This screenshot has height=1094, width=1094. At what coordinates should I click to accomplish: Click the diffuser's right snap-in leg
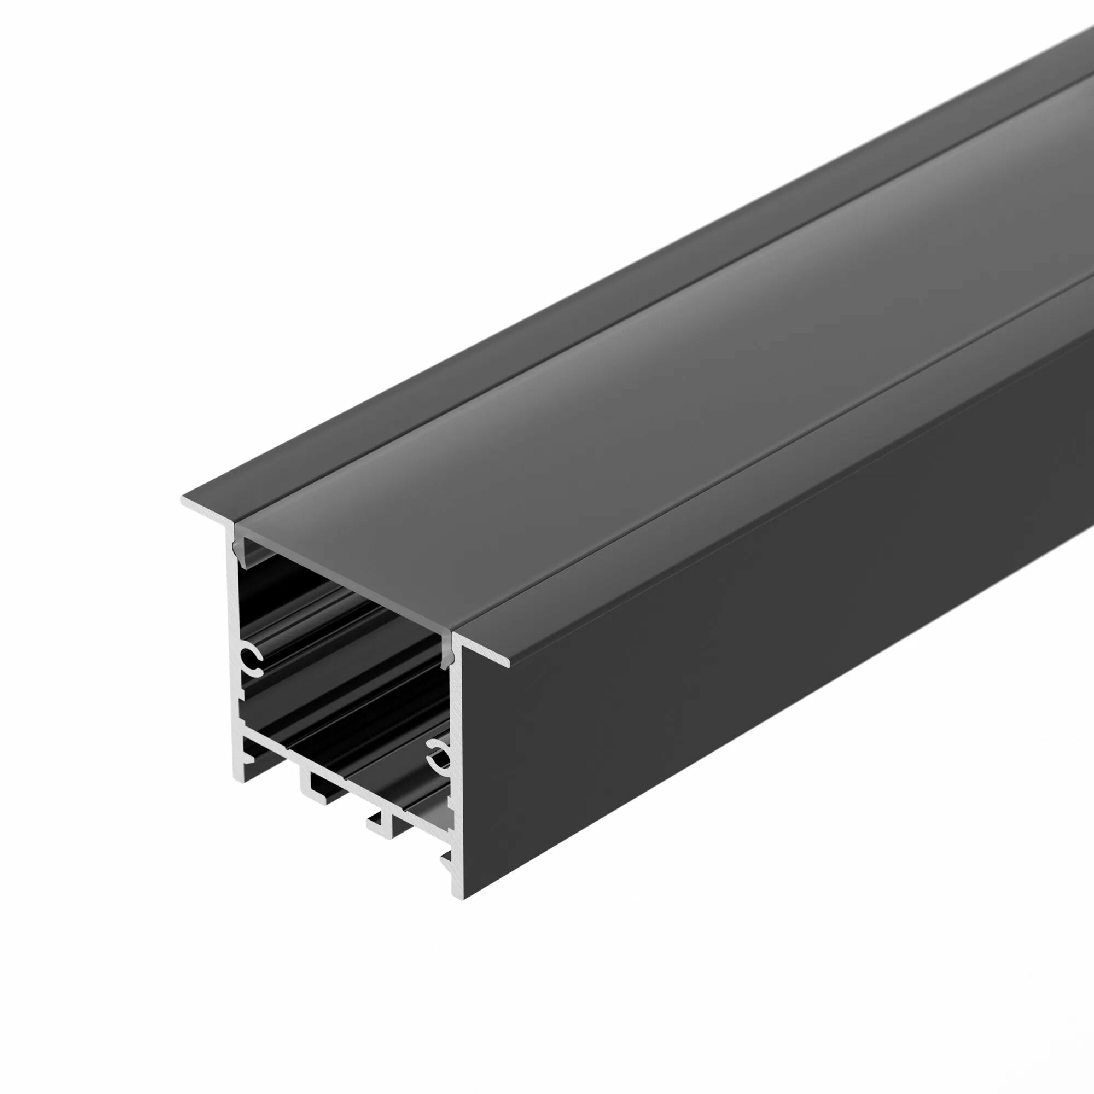coord(447,651)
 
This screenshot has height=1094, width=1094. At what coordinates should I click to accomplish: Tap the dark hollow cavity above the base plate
coord(340,679)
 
